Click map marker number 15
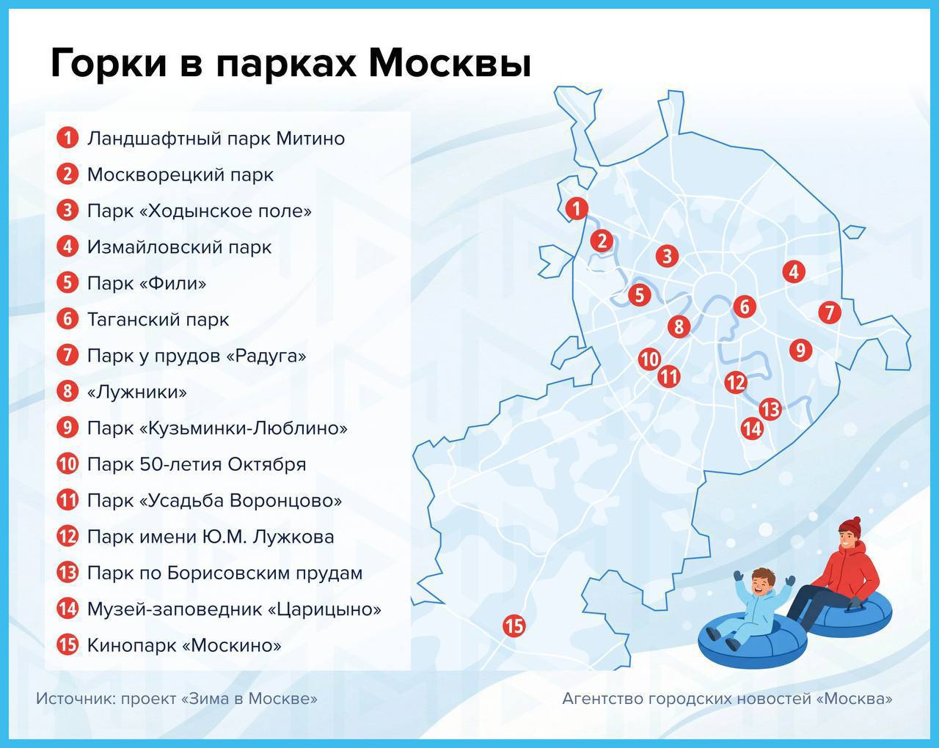click(514, 626)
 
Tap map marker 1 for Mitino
click(577, 208)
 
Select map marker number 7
click(830, 312)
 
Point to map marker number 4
click(794, 272)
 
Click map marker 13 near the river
click(770, 409)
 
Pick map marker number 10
click(649, 359)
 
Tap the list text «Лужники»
click(137, 392)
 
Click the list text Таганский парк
click(158, 320)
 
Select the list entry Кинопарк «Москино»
click(184, 645)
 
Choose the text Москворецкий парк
click(180, 175)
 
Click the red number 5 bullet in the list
click(67, 282)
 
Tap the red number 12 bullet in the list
click(67, 537)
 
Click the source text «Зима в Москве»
click(249, 698)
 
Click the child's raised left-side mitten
click(738, 576)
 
